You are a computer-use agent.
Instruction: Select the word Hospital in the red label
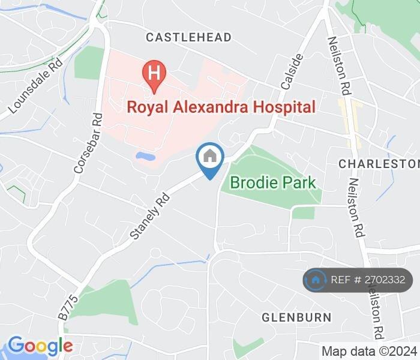[285, 107]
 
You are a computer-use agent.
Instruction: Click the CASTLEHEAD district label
[188, 38]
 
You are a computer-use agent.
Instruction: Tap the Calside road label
[291, 71]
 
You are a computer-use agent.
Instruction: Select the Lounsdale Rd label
[35, 88]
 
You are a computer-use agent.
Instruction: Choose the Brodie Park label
[273, 182]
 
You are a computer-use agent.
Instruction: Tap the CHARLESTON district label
[378, 164]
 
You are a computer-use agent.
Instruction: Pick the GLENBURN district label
[296, 317]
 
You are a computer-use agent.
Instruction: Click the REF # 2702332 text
[367, 280]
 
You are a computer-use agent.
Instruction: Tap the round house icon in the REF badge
[316, 280]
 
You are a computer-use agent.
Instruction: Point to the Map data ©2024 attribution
[368, 352]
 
